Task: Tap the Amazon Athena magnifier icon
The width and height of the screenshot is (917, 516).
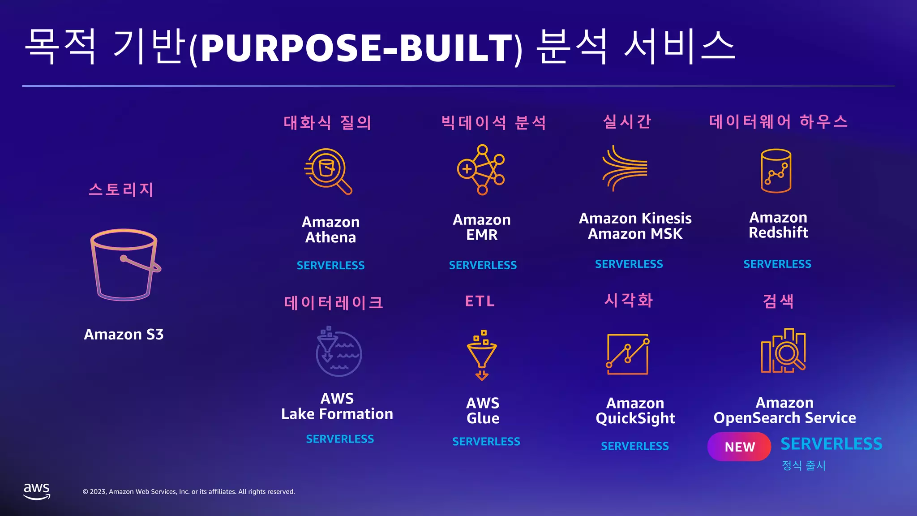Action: pos(328,172)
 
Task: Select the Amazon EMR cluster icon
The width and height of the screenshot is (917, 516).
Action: pos(481,170)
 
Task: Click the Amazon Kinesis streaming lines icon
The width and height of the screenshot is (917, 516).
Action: pos(625,168)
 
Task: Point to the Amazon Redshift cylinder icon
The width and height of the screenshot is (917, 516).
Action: pos(776,171)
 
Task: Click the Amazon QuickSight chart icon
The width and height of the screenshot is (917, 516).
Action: pos(628,354)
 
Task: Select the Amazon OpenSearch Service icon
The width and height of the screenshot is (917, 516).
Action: pos(783,351)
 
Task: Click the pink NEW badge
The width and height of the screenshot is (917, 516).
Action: pos(739,447)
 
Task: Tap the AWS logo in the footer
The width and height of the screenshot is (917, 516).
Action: pos(37,491)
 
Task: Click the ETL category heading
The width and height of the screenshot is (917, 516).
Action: pos(480,301)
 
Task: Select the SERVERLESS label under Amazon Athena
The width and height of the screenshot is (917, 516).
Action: pos(330,265)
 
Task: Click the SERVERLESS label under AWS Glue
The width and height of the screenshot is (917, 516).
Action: pos(486,442)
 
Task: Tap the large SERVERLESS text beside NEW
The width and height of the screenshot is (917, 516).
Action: pos(831,444)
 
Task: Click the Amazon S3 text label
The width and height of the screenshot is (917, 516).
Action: pos(124,334)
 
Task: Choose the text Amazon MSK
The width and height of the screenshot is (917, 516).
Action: pos(635,234)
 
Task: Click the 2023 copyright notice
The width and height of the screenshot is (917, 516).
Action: pos(189,491)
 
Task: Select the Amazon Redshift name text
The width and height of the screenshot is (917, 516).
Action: pos(778,225)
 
